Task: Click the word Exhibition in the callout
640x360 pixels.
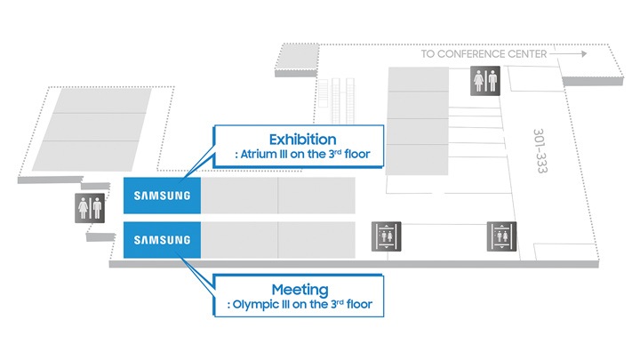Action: pyautogui.click(x=302, y=140)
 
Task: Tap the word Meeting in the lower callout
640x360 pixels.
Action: pyautogui.click(x=300, y=290)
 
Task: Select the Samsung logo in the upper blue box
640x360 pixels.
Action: pyautogui.click(x=162, y=196)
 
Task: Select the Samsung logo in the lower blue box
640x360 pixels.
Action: pyautogui.click(x=162, y=240)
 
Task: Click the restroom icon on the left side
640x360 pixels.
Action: pyautogui.click(x=90, y=208)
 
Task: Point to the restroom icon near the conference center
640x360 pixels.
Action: pyautogui.click(x=485, y=81)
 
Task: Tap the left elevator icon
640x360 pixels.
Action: pyautogui.click(x=386, y=236)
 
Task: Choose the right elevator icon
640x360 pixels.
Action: pyautogui.click(x=501, y=236)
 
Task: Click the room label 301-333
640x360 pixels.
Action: pyautogui.click(x=540, y=151)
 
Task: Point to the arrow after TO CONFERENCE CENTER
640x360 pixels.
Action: pyautogui.click(x=569, y=53)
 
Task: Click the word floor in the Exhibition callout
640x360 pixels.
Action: pyautogui.click(x=357, y=154)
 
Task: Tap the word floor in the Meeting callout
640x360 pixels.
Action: pyautogui.click(x=359, y=304)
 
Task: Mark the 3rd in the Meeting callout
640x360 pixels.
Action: pyautogui.click(x=337, y=304)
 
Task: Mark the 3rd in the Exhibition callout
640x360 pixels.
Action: pyautogui.click(x=335, y=154)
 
